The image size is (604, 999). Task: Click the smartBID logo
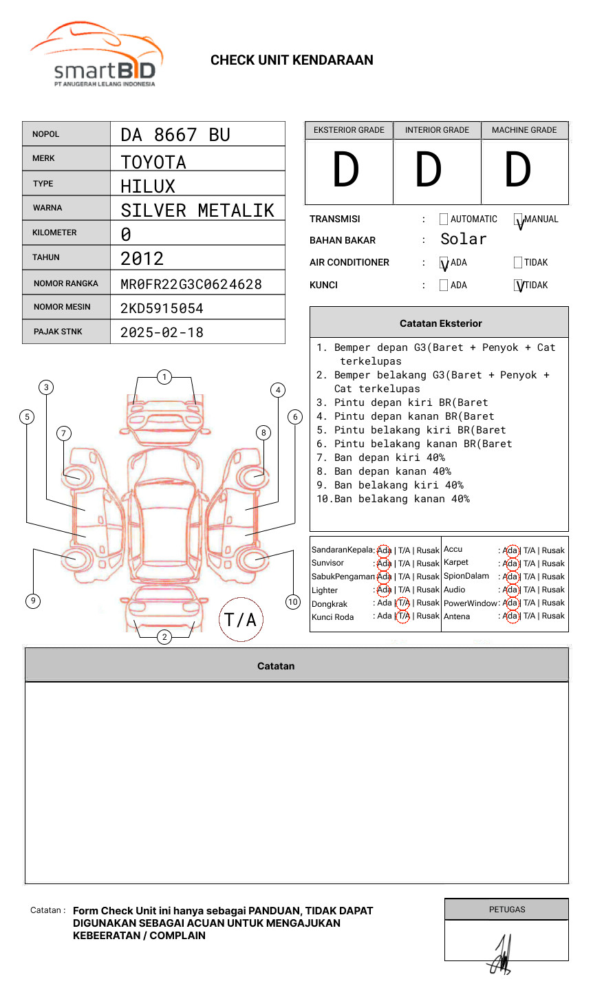96,56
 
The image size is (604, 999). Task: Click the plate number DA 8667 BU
175,135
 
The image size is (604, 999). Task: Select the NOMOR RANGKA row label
66,283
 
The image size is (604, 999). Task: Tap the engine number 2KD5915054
162,308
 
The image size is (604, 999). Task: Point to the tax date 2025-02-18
162,332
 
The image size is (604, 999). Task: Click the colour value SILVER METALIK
197,211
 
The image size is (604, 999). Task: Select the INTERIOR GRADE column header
437,130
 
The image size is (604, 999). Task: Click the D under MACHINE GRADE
517,171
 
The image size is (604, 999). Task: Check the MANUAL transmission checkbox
519,219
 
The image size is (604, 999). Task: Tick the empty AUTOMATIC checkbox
444,219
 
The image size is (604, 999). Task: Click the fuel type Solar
463,239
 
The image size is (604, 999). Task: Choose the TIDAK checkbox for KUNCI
519,285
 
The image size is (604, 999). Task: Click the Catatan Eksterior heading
440,323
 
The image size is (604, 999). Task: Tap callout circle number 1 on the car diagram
164,377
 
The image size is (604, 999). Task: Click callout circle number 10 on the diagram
293,601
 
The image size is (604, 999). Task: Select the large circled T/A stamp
240,620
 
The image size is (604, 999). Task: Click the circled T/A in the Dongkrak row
403,603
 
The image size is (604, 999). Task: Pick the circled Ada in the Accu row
510,550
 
